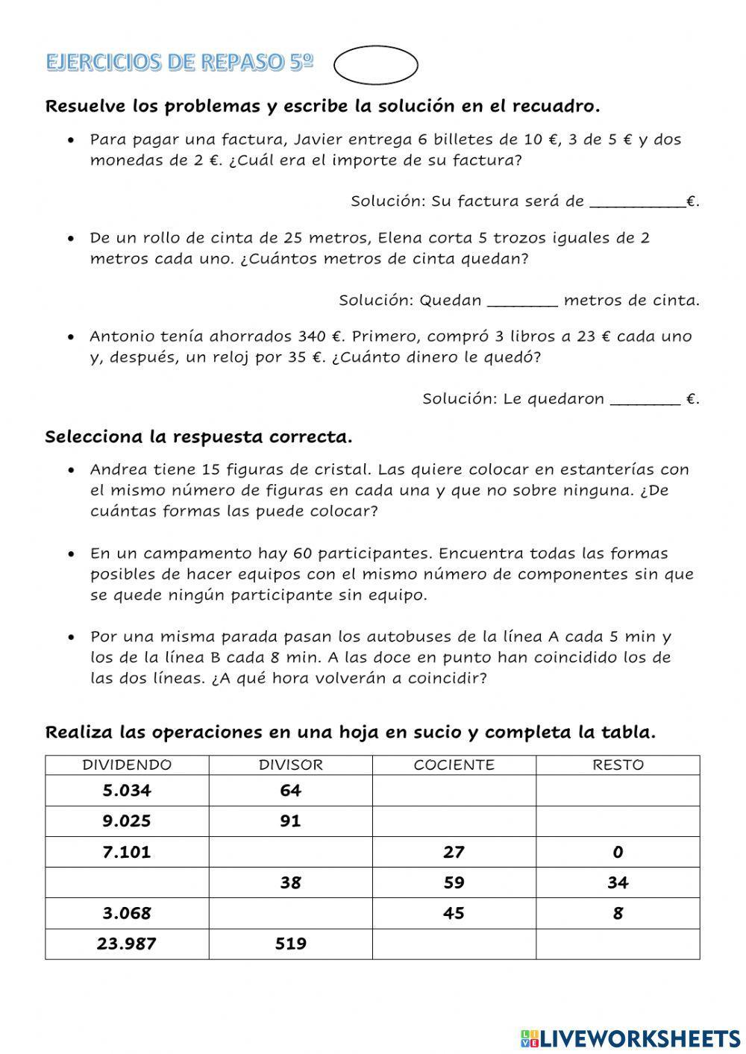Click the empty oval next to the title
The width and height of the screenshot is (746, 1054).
click(x=375, y=65)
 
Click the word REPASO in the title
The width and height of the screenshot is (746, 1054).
click(x=242, y=63)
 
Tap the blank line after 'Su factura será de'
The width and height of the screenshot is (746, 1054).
click(x=637, y=201)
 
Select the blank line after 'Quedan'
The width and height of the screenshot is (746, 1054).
click(x=521, y=301)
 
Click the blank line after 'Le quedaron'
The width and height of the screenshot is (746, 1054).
click(x=645, y=399)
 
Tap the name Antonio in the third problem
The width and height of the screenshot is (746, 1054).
click(x=120, y=336)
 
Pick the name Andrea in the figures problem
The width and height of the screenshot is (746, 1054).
click(x=116, y=470)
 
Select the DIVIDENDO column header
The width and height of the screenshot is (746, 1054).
click(x=127, y=765)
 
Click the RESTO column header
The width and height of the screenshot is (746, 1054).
click(x=618, y=765)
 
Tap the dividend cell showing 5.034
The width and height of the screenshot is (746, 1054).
click(x=127, y=791)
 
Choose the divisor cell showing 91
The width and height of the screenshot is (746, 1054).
click(x=290, y=821)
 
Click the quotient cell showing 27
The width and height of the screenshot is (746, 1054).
click(x=454, y=852)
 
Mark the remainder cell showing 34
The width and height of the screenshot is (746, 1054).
click(x=618, y=882)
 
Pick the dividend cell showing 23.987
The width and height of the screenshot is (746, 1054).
click(x=127, y=944)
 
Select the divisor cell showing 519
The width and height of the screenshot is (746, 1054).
click(x=290, y=944)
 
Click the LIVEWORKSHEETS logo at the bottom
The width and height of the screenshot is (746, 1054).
click(x=630, y=1038)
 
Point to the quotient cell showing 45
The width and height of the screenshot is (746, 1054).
click(x=454, y=913)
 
